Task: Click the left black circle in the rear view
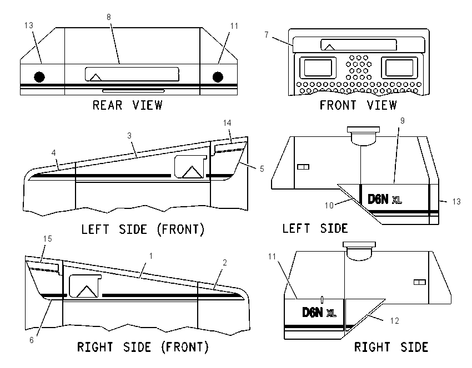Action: click(x=39, y=77)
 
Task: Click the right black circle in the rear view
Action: click(x=218, y=77)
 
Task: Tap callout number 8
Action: click(x=109, y=17)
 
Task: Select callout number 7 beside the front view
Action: click(x=267, y=35)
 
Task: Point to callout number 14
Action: click(x=227, y=123)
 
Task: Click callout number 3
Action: click(x=129, y=136)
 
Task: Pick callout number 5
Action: click(x=262, y=169)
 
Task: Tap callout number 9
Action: click(x=403, y=121)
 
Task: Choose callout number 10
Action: click(x=329, y=206)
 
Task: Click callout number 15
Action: click(x=48, y=239)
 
